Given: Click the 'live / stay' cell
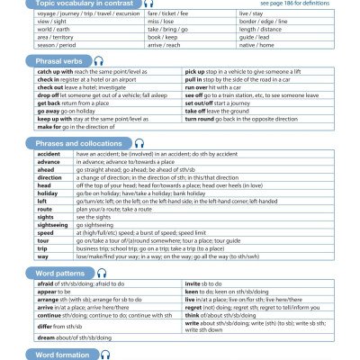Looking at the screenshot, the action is click(x=251, y=14).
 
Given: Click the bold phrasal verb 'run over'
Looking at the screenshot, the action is click(x=200, y=87).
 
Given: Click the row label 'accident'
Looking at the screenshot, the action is click(x=49, y=154).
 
